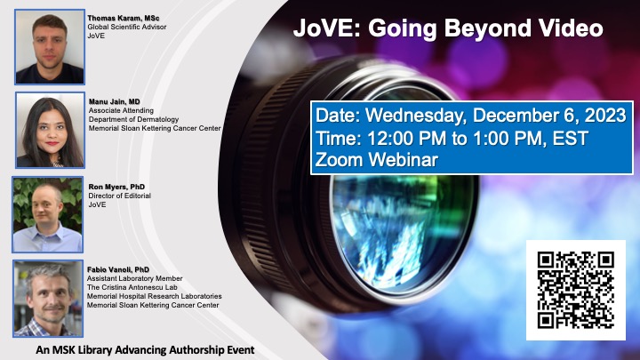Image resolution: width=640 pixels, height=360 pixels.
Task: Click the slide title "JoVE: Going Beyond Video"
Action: [448, 28]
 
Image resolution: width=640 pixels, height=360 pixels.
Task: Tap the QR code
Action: [575, 290]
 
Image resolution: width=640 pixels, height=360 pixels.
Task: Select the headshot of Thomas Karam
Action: [50, 47]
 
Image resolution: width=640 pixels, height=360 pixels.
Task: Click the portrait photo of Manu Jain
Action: [50, 130]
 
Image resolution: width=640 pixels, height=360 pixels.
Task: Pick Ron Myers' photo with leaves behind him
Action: [48, 215]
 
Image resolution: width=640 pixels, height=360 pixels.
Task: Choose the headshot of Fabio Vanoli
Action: [48, 299]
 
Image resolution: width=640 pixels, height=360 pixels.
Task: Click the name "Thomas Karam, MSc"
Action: [124, 18]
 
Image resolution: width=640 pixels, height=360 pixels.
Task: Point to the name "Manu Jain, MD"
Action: [115, 101]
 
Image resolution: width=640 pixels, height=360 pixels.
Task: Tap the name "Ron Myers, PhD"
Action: [116, 187]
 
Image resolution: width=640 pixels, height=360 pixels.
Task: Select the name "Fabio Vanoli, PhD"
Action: [118, 270]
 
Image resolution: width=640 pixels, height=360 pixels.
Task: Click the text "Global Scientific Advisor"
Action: [127, 27]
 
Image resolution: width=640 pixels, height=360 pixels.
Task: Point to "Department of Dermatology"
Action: [133, 119]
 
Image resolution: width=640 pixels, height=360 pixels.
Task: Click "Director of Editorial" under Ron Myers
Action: [120, 196]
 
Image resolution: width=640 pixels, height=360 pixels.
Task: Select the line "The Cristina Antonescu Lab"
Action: [132, 287]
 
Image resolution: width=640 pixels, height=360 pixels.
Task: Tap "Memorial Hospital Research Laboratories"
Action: [155, 296]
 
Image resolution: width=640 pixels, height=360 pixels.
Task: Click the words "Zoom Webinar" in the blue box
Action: [377, 160]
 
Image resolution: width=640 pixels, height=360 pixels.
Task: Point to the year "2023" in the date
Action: [605, 116]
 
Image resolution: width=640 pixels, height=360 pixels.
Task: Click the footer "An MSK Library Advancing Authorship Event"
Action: [145, 350]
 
